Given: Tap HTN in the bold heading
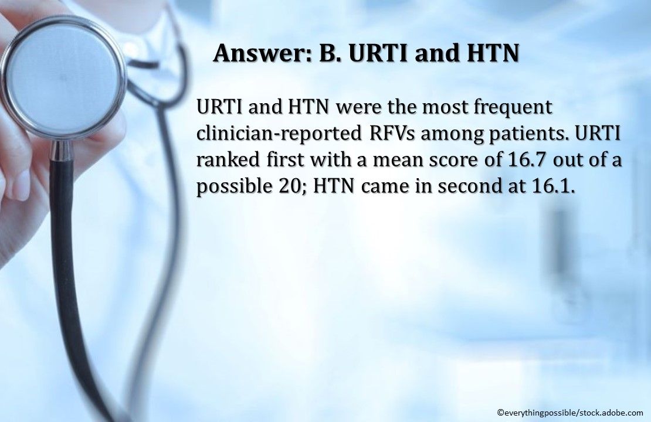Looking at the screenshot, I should [x=491, y=53].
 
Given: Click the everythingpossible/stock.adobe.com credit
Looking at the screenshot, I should [x=569, y=412].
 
